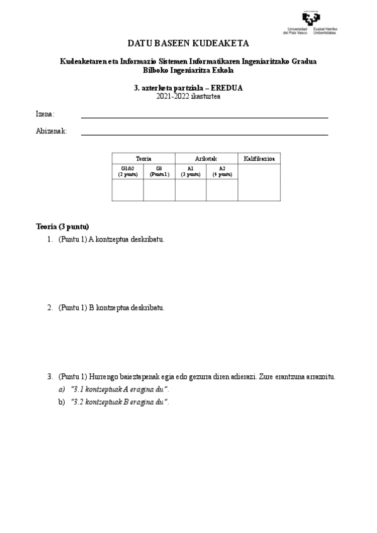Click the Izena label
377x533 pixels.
(45, 114)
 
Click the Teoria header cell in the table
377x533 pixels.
(143, 158)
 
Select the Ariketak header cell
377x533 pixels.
(206, 158)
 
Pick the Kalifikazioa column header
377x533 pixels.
(259, 158)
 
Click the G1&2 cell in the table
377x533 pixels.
(127, 172)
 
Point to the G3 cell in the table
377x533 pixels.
(159, 172)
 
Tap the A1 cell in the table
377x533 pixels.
(190, 172)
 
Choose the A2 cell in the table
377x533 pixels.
(222, 172)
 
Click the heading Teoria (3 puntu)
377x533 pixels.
(62, 226)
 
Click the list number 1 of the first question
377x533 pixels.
(50, 239)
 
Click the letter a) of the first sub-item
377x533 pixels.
(62, 389)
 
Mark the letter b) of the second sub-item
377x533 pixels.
(62, 402)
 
